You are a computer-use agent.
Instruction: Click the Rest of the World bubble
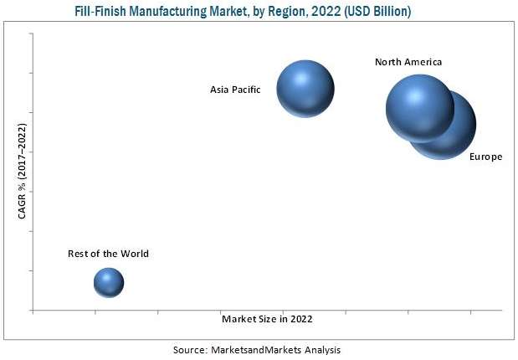109,283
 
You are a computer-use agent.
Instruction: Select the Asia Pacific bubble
305,88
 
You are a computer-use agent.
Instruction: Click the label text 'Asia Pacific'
236,88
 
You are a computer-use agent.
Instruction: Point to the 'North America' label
408,62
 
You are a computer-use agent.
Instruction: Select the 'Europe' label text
485,157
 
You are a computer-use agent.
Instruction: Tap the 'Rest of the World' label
109,254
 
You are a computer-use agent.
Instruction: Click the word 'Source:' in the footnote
192,349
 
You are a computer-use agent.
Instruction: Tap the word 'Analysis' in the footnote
323,349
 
